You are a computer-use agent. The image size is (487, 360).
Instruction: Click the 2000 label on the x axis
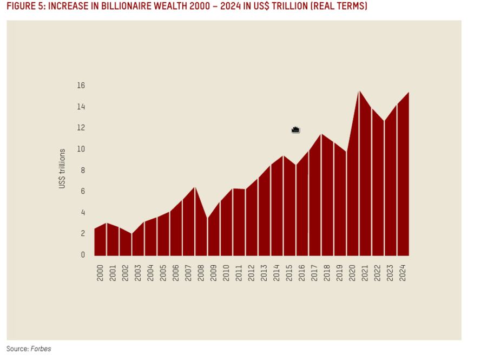click(100, 272)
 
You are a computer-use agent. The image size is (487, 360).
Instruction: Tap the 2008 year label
click(201, 272)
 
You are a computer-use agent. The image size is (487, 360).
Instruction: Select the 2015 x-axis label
click(289, 272)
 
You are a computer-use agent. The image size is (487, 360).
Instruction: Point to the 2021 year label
click(365, 272)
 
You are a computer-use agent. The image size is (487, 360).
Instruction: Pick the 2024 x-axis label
click(403, 272)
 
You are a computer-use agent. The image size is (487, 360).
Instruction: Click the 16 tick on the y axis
click(81, 86)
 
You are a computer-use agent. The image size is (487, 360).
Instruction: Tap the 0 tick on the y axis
click(83, 255)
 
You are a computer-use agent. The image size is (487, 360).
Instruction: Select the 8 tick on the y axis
click(83, 171)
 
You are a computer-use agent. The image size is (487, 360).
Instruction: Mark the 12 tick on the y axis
click(81, 128)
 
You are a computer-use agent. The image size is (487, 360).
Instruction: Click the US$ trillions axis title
click(62, 169)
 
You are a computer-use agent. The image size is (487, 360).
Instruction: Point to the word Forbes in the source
click(41, 349)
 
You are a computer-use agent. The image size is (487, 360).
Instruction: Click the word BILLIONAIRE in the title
click(127, 6)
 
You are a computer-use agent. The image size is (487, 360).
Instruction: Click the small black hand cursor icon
click(295, 129)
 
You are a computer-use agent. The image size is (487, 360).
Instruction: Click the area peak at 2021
click(359, 90)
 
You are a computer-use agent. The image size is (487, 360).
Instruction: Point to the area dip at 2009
click(208, 218)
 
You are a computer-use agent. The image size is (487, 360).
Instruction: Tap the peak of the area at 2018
click(321, 134)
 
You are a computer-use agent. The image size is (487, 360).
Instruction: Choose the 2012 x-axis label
click(252, 272)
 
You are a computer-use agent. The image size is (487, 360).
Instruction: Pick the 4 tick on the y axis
click(83, 213)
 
